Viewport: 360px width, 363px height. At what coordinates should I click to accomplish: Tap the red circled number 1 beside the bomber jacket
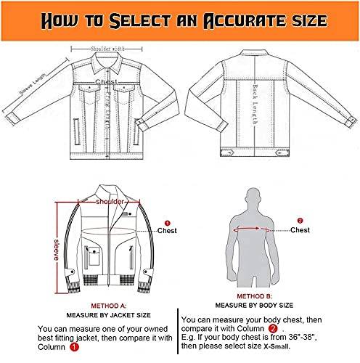(166, 223)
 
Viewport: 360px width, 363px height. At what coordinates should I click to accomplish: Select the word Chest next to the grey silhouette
(300, 230)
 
